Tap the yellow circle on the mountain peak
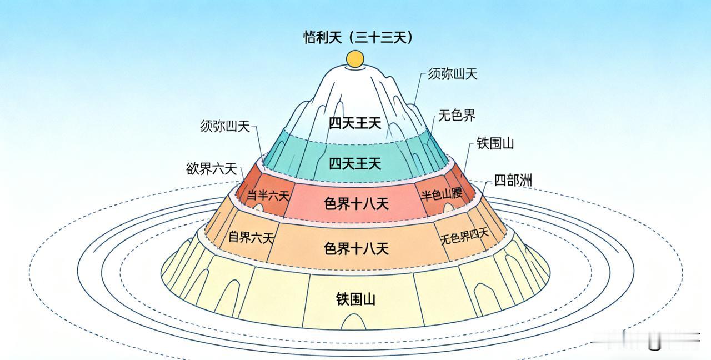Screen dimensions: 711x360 (354, 58)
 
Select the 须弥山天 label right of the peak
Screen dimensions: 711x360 (453, 74)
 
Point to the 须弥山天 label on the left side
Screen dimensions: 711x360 (225, 126)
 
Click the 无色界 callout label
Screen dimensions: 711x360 (457, 116)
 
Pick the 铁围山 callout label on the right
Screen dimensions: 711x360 (495, 143)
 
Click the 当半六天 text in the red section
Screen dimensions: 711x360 (268, 196)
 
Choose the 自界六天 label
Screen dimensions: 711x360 (251, 238)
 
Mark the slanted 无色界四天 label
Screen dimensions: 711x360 (465, 236)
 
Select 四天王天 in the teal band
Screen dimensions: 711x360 (355, 163)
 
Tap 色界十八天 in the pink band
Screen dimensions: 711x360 (355, 204)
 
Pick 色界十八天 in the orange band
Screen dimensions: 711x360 (355, 248)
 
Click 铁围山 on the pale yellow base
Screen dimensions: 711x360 (355, 299)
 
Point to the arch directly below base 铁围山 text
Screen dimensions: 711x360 (354, 322)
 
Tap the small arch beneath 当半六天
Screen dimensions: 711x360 (259, 207)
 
